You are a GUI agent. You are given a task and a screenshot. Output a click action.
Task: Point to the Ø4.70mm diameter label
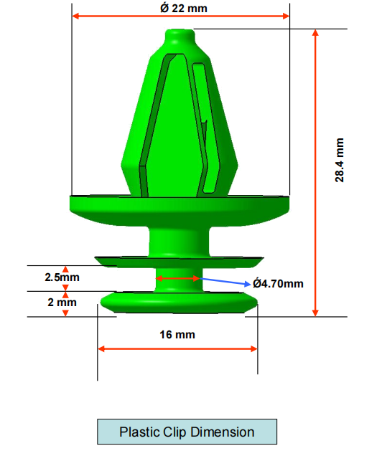[278, 283]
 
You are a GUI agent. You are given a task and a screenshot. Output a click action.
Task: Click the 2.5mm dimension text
[62, 276]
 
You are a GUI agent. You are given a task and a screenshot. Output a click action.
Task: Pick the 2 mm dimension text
[62, 302]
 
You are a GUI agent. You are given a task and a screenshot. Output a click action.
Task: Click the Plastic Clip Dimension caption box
[187, 432]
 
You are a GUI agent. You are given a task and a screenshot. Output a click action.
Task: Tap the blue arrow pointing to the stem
[225, 281]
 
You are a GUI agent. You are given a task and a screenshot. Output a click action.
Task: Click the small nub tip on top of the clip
[180, 34]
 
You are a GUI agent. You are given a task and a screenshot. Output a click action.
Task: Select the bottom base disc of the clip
[178, 301]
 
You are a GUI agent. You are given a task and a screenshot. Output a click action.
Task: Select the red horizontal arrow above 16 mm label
[178, 348]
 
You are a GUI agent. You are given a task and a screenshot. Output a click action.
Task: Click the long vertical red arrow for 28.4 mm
[315, 172]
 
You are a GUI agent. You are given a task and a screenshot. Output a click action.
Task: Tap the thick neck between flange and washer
[178, 239]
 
